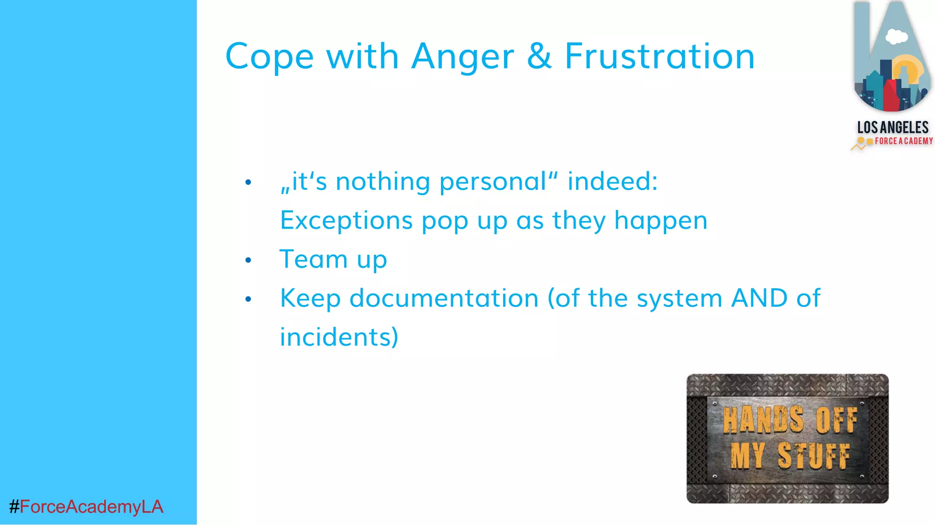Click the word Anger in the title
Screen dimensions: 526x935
pos(462,57)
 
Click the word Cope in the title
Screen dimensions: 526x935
pos(269,57)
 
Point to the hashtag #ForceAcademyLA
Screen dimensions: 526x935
pos(86,507)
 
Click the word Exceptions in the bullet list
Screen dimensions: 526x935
pos(346,221)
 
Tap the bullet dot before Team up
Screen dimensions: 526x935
pos(248,260)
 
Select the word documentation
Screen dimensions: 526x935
pos(444,298)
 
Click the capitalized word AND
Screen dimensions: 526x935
pos(759,298)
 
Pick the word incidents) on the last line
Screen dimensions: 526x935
pos(339,337)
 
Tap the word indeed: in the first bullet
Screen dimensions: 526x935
pos(612,181)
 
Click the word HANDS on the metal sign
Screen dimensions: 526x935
pos(763,419)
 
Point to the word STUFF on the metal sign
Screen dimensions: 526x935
pos(814,455)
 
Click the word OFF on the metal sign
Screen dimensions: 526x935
pos(836,419)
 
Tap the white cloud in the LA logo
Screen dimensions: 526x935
pos(896,37)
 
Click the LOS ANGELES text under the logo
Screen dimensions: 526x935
pos(893,127)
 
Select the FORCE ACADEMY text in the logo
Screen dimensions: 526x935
pos(903,141)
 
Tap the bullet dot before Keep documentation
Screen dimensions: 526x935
pos(248,299)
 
